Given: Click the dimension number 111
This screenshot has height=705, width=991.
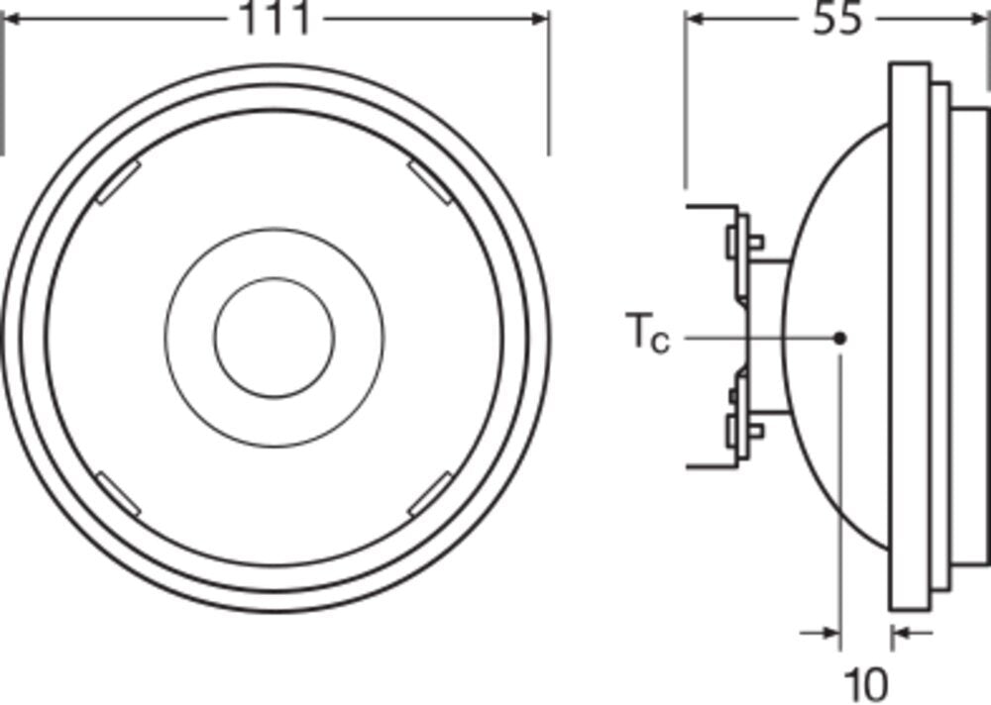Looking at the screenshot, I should pyautogui.click(x=274, y=20).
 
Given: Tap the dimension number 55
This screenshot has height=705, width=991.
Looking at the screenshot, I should pyautogui.click(x=837, y=20).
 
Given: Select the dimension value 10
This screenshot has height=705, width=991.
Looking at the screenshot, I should pyautogui.click(x=865, y=683).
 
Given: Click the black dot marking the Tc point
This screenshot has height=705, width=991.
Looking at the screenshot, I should pyautogui.click(x=839, y=338).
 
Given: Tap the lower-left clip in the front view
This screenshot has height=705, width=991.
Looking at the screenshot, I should pyautogui.click(x=118, y=493).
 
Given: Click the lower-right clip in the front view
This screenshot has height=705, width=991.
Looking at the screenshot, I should pyautogui.click(x=429, y=494).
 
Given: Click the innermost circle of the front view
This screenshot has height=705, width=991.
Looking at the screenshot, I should pyautogui.click(x=275, y=338).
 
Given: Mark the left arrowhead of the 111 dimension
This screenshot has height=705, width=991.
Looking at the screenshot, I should pyautogui.click(x=12, y=19).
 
